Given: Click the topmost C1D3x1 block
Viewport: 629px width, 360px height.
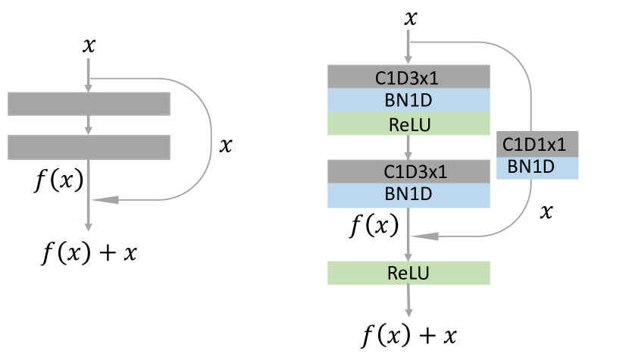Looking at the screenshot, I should tap(408, 77).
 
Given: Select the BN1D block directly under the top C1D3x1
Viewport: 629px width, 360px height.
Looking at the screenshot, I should tap(408, 100).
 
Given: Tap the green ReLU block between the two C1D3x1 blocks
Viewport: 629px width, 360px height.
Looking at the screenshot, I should tap(408, 124).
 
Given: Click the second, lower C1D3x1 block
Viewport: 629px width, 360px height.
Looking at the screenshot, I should tap(408, 171).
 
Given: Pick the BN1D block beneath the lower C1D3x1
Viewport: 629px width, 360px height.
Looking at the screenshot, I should tap(408, 195).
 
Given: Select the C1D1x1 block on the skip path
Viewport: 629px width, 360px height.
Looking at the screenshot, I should tap(537, 144).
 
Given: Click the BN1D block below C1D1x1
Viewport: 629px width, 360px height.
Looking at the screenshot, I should tap(537, 167).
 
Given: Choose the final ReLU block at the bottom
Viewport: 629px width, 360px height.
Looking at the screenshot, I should tap(408, 273).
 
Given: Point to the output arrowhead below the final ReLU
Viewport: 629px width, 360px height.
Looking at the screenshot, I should tap(409, 311).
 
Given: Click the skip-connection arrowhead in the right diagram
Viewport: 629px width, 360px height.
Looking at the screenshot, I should tap(424, 236).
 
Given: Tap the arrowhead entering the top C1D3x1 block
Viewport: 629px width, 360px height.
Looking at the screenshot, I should tap(409, 61).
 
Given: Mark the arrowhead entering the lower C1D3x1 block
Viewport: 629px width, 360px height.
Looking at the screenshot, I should tap(409, 155).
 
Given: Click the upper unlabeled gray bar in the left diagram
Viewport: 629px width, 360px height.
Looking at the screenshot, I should tap(89, 104).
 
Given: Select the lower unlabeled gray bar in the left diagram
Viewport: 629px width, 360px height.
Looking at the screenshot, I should tap(89, 147).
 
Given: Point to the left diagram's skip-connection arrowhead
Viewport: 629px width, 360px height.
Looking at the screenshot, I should tap(106, 200).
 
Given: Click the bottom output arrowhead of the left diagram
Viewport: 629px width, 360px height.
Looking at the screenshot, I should tap(89, 225).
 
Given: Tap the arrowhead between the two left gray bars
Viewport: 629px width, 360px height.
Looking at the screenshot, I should tap(89, 130).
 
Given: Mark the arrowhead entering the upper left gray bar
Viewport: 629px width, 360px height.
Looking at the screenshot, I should tap(89, 88).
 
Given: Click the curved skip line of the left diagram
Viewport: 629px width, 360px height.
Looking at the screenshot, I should tap(211, 139).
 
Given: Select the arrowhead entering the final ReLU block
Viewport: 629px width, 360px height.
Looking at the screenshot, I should tap(409, 257).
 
